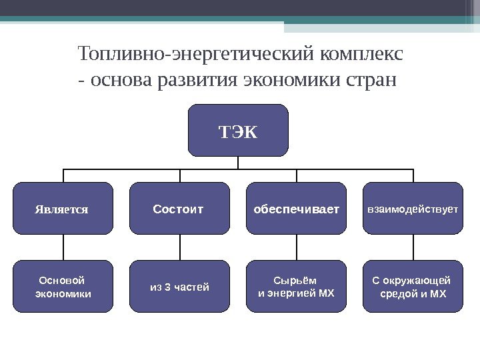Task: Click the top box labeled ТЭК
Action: tap(239, 129)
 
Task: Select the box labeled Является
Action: tap(63, 209)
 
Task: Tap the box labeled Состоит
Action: tap(179, 209)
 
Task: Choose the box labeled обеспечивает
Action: tap(296, 209)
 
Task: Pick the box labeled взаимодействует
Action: tap(413, 209)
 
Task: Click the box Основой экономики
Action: tap(63, 287)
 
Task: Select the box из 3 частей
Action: tap(179, 287)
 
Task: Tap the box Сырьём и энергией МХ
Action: tap(296, 287)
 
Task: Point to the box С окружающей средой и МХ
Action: tap(413, 287)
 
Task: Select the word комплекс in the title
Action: tap(366, 53)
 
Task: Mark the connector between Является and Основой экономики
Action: tap(63, 247)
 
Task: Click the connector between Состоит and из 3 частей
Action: tap(180, 247)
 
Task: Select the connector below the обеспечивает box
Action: tap(297, 247)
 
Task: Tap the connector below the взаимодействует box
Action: tap(413, 247)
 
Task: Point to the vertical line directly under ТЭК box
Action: tap(239, 162)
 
